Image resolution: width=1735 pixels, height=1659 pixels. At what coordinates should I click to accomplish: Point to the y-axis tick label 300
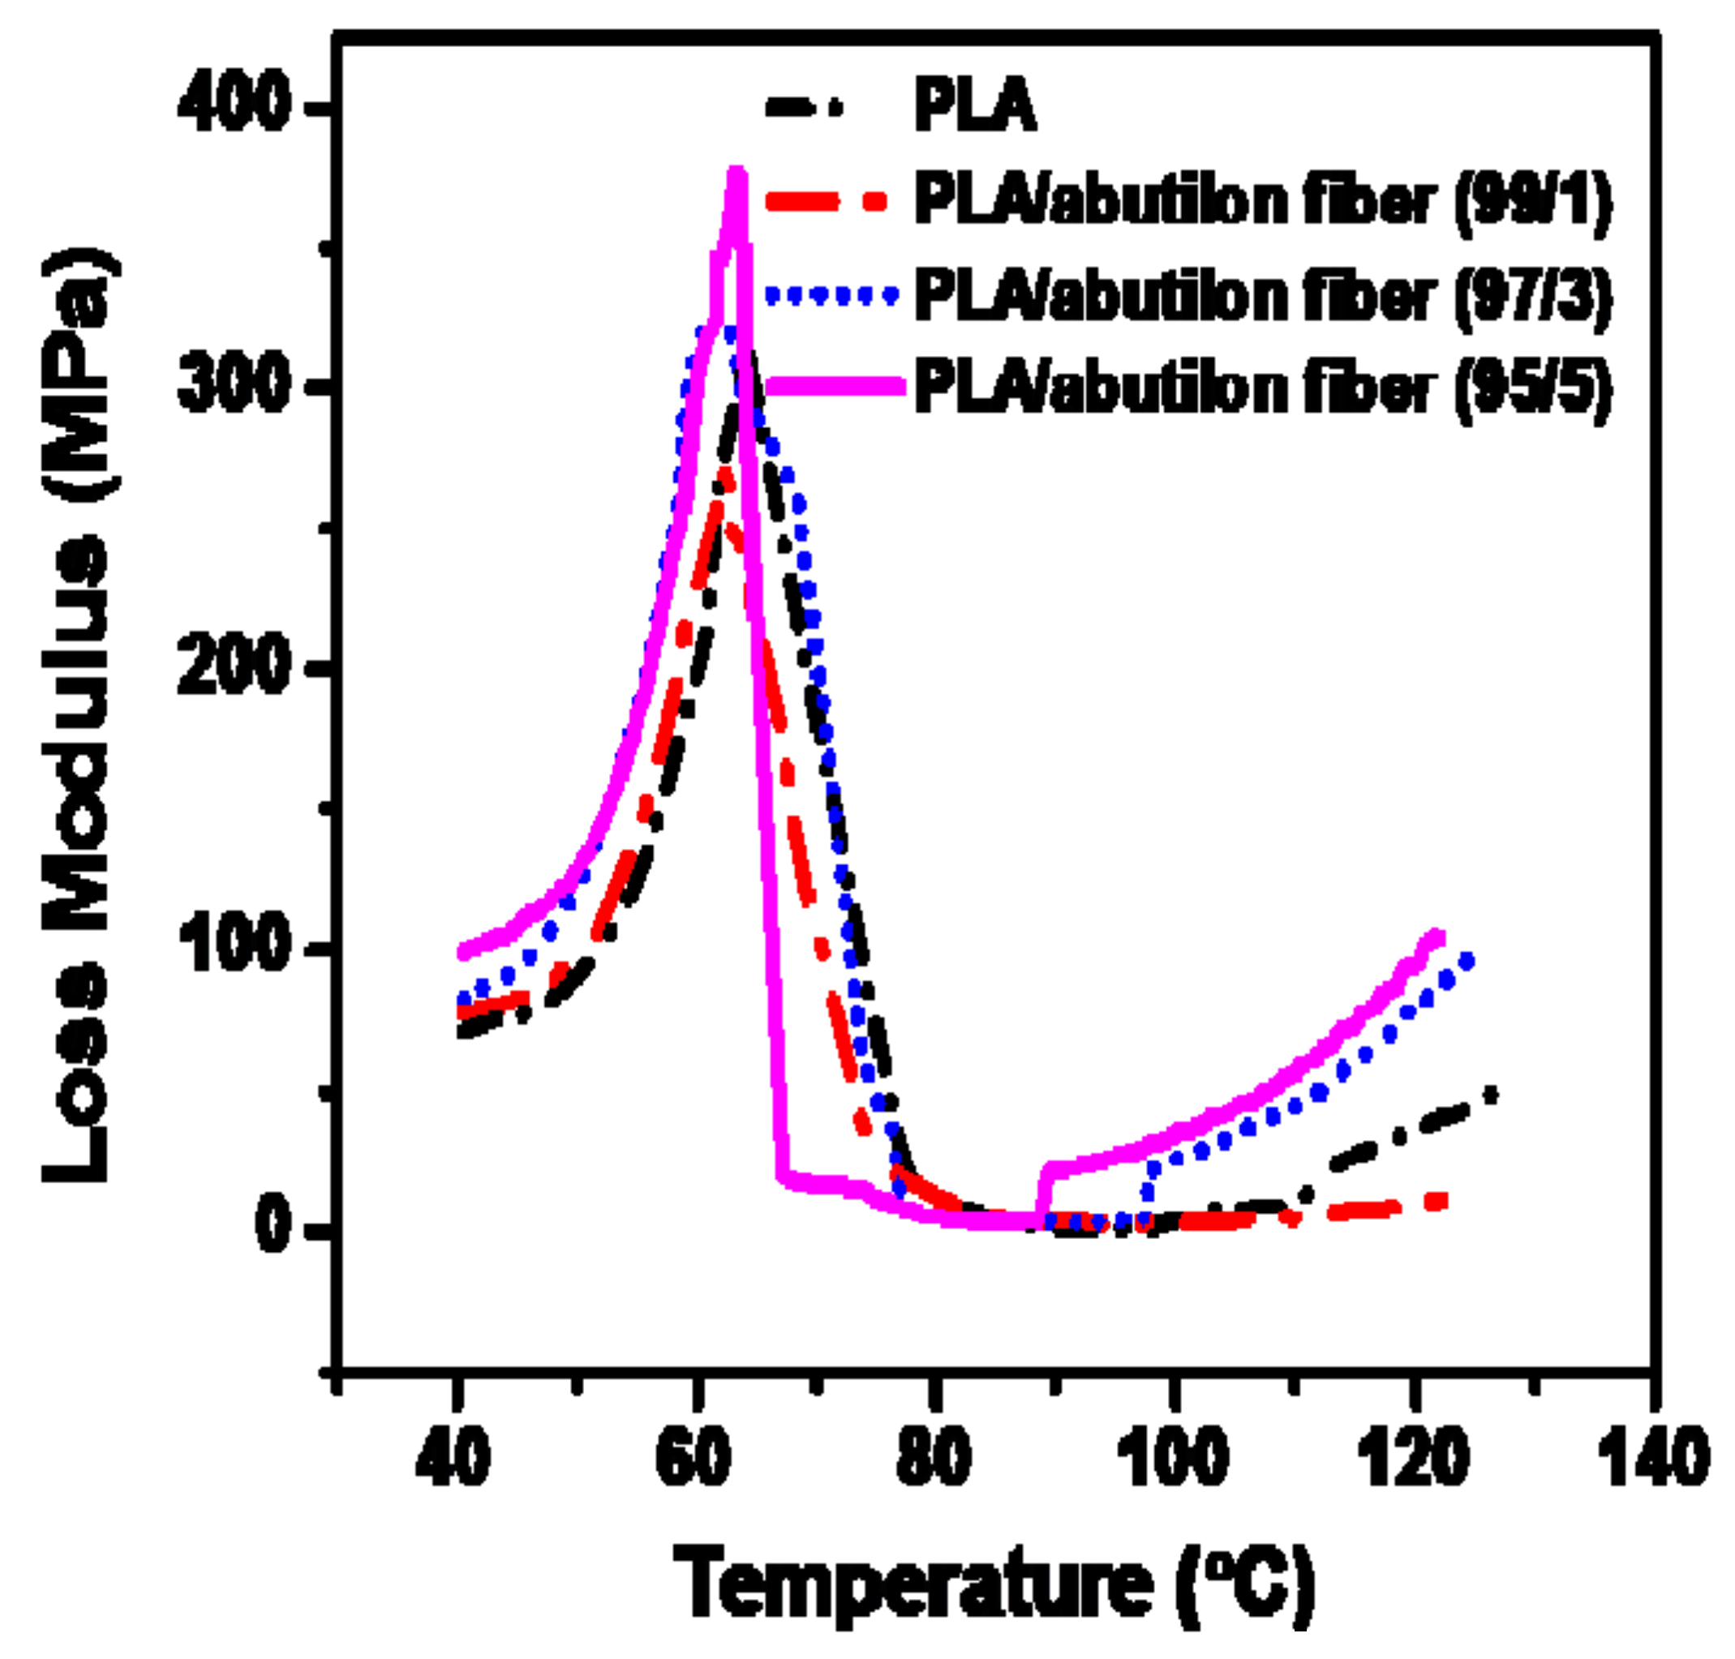click(x=234, y=387)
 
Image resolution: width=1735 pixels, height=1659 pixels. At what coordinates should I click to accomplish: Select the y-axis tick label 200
click(x=234, y=670)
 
